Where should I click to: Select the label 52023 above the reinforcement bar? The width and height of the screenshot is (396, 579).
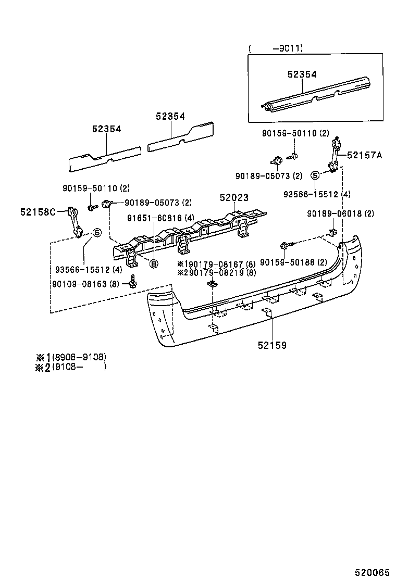(234, 198)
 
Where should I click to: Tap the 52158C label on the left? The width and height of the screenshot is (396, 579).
(38, 211)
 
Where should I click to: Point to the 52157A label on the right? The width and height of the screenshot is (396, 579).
(364, 155)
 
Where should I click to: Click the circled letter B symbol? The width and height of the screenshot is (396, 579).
(154, 264)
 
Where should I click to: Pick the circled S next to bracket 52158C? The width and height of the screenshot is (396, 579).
(96, 233)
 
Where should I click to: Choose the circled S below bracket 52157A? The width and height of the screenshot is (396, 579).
(315, 175)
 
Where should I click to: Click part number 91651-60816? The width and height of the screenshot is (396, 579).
(154, 218)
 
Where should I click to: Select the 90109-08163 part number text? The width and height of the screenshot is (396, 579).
(79, 284)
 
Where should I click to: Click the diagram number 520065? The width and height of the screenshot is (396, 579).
(372, 572)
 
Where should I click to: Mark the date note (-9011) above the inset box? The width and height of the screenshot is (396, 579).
(276, 48)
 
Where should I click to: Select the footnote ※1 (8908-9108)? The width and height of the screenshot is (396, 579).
(71, 357)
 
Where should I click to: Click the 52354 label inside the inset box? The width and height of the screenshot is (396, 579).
(302, 74)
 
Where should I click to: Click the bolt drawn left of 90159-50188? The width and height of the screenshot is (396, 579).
(287, 244)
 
